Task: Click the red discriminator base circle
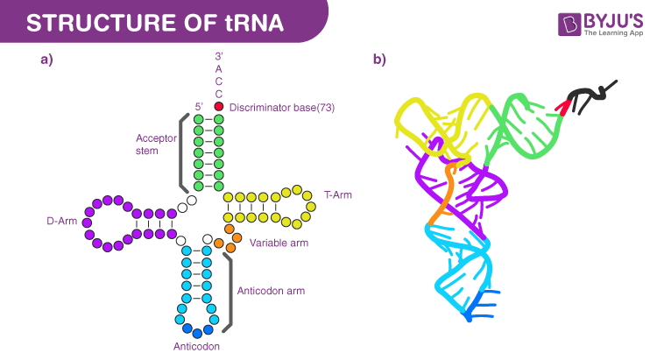[219, 106]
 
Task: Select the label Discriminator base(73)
[282, 107]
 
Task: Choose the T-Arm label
[337, 194]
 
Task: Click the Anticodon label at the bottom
[196, 346]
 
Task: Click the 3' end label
[219, 55]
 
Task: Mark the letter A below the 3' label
[219, 68]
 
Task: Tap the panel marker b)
[379, 60]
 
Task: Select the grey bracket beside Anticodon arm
[230, 293]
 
